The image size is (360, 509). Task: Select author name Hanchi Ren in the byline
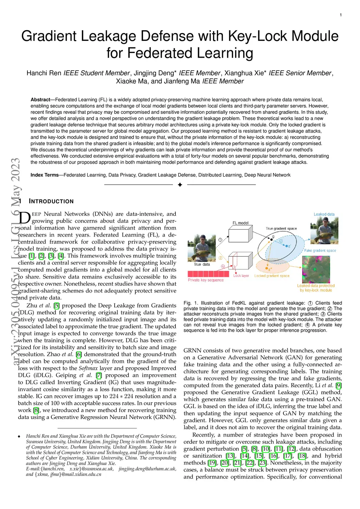(x=44, y=73)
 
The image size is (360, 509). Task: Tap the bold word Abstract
(x=40, y=99)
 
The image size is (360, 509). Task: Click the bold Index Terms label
(x=45, y=175)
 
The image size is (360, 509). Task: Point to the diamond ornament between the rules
(x=180, y=185)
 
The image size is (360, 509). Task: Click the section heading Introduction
(x=51, y=201)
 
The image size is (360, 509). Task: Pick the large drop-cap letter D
(x=24, y=218)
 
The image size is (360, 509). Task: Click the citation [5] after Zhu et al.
(x=56, y=305)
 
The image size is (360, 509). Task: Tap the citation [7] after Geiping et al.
(x=99, y=375)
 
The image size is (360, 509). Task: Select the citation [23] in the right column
(x=262, y=463)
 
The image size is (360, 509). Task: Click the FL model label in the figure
(x=240, y=223)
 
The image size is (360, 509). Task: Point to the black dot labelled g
(x=271, y=239)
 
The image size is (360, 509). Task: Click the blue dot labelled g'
(x=287, y=246)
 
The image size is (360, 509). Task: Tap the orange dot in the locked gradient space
(x=266, y=268)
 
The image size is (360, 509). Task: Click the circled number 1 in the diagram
(x=220, y=240)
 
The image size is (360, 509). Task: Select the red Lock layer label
(x=241, y=276)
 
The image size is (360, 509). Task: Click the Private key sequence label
(x=206, y=280)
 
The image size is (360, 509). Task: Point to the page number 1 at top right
(x=341, y=15)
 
